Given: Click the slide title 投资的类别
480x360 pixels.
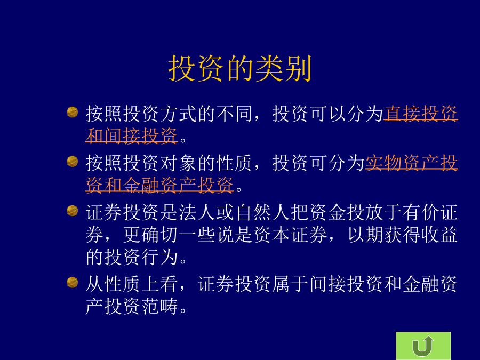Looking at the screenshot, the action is pos(239,69).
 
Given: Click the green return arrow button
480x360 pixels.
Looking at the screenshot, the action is pos(423,346).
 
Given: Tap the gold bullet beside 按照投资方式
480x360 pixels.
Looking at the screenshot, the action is pos(73,112).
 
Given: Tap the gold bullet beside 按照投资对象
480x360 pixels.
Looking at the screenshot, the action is pos(73,161).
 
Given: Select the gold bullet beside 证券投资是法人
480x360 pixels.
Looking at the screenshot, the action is pos(73,211).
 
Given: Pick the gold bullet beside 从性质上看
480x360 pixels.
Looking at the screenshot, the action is pos(73,282).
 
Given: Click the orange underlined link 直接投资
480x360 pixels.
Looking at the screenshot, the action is pos(421,114).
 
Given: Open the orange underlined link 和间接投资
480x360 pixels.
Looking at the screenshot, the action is pos(132,135).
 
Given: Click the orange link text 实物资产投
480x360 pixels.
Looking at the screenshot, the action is pos(411,163).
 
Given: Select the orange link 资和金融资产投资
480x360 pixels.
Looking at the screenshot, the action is pos(159,185).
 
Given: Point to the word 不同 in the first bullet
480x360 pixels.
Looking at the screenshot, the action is pos(234,114).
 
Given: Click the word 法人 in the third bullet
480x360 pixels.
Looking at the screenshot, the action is pos(197,212).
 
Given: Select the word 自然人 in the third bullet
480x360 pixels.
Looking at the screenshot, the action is pos(262,212).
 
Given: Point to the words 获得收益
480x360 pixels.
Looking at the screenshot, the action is pos(421,235).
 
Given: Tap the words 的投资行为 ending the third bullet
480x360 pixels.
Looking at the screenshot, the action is pos(132,257).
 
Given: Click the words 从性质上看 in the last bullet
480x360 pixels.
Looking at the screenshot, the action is pos(132,284).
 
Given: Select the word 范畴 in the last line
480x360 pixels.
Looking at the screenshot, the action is pos(160,306).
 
